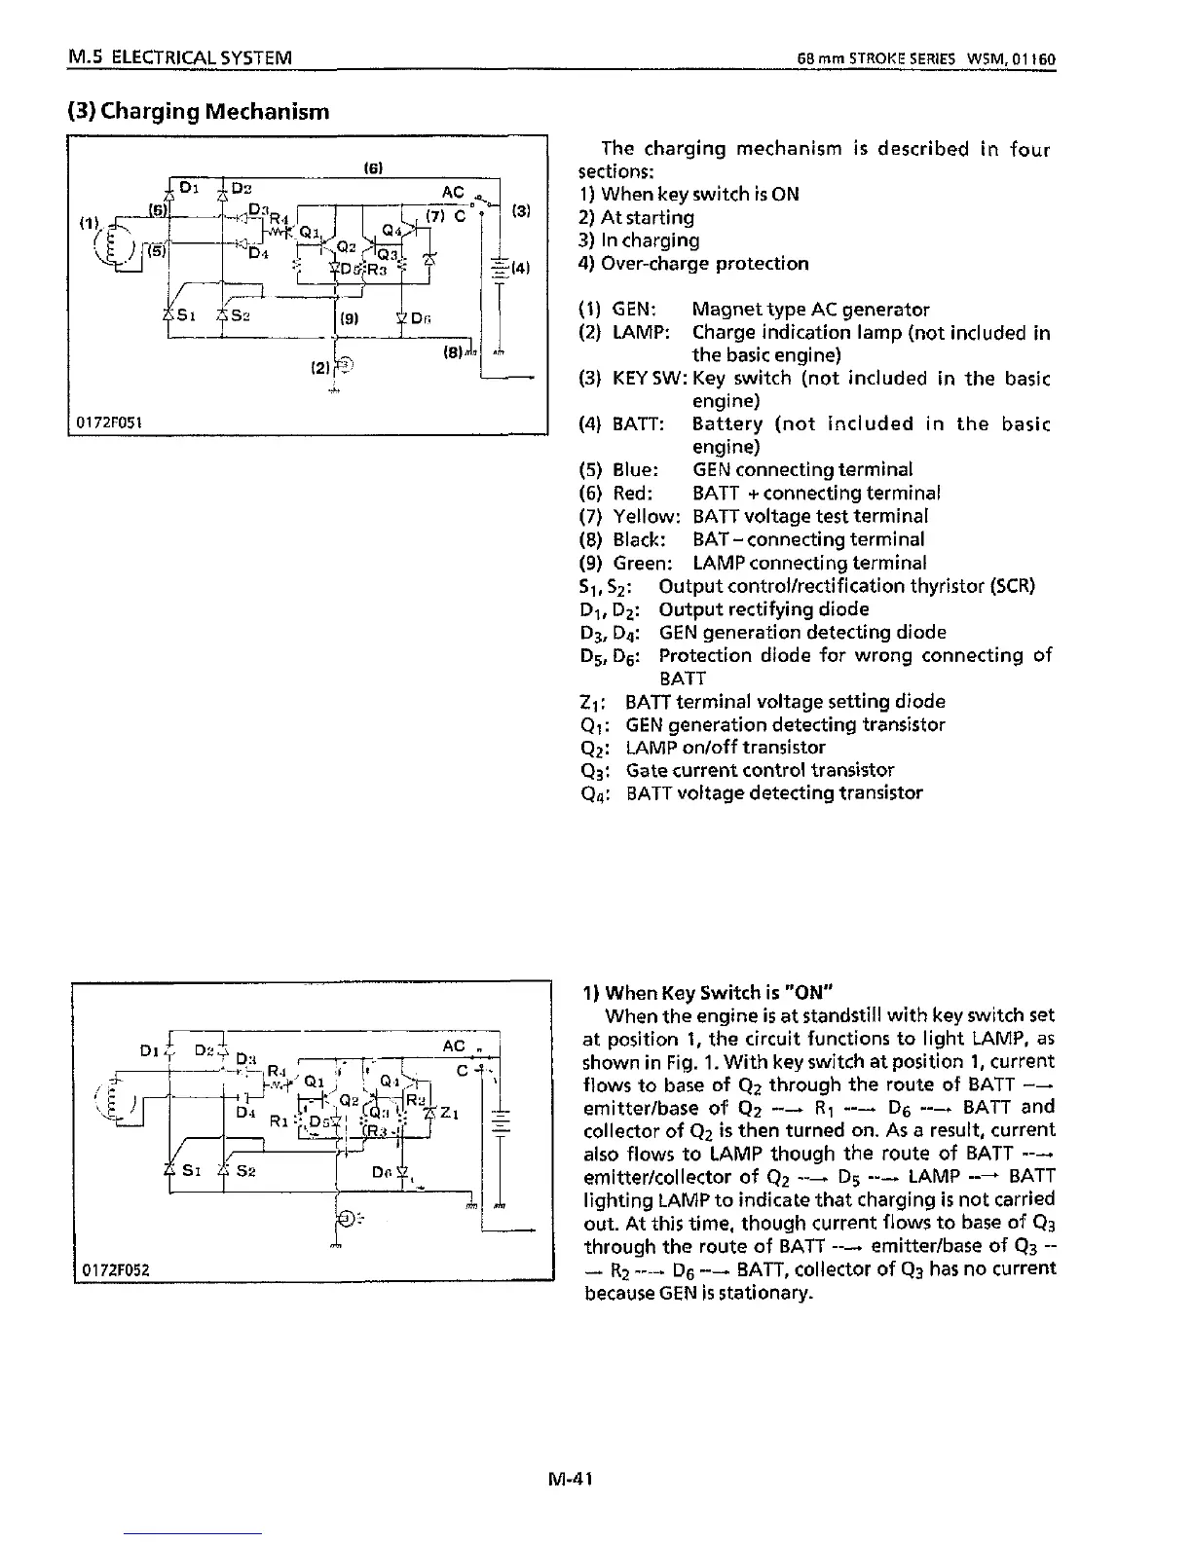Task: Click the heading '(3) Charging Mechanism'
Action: [199, 111]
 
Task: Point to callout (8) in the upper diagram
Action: [452, 349]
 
